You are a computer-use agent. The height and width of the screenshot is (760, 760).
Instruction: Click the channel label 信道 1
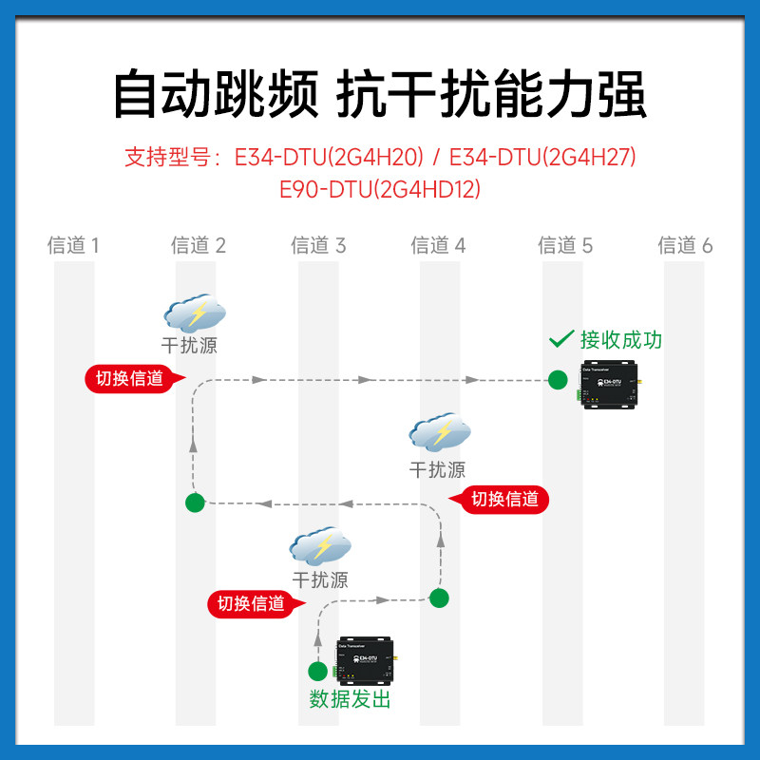tap(73, 246)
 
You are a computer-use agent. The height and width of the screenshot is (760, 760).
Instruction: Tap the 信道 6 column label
tap(685, 246)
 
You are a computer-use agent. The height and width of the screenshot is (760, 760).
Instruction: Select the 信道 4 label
tap(438, 246)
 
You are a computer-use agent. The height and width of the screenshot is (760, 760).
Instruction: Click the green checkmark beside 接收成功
tap(561, 338)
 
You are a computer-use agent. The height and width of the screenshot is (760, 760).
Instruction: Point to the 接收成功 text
tap(621, 339)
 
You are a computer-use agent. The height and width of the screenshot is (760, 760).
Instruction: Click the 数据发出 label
tap(350, 700)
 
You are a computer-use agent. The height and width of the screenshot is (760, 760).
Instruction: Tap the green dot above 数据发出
tap(317, 671)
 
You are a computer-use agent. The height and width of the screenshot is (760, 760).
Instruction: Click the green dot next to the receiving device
tap(558, 380)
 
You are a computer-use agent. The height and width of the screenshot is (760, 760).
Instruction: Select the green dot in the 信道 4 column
tap(439, 598)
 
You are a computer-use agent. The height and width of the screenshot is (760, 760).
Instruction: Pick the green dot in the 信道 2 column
tap(195, 502)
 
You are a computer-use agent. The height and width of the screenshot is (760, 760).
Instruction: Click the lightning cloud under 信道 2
tap(195, 313)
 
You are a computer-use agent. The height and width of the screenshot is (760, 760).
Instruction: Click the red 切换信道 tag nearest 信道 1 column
tap(128, 378)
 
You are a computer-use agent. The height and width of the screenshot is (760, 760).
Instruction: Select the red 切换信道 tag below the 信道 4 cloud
tap(504, 499)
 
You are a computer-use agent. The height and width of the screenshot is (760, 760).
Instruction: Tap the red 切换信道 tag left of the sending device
tap(252, 603)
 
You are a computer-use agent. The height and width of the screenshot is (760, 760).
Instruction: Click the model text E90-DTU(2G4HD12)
tap(380, 189)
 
